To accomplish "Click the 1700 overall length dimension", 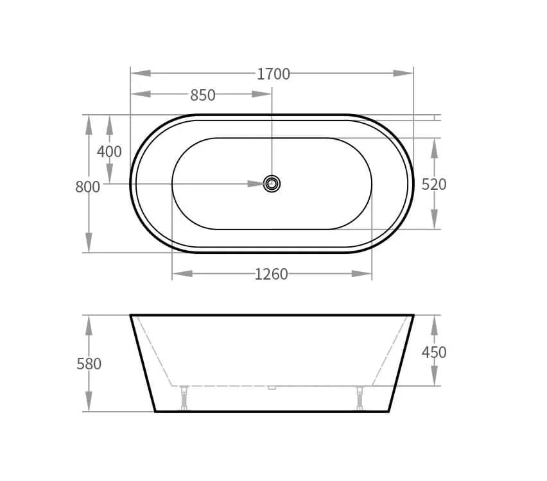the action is tap(273, 74).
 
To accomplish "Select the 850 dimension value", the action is tap(203, 95).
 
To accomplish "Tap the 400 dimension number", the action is tap(109, 151).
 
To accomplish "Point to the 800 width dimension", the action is tap(87, 187).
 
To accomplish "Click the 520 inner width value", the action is tap(434, 185).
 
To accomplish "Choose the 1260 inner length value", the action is tap(272, 274).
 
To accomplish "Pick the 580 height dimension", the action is tap(89, 364).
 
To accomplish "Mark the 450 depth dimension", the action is tap(434, 352).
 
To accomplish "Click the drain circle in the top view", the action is tap(272, 183).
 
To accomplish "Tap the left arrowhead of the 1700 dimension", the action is tap(141, 73).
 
